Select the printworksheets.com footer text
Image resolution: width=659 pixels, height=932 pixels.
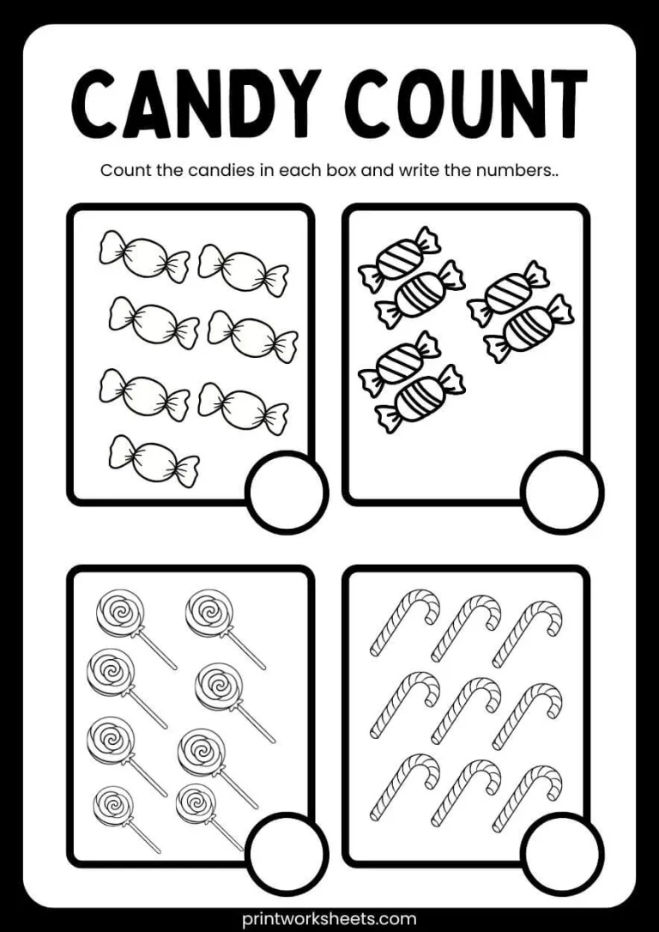(x=329, y=918)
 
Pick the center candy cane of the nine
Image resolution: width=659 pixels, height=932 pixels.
(x=465, y=709)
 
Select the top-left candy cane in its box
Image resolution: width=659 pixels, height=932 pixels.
(x=404, y=623)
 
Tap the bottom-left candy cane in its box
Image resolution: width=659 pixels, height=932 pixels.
(x=404, y=788)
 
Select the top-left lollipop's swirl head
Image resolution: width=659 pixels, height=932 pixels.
(x=118, y=612)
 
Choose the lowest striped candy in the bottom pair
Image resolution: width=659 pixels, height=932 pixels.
(x=420, y=398)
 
